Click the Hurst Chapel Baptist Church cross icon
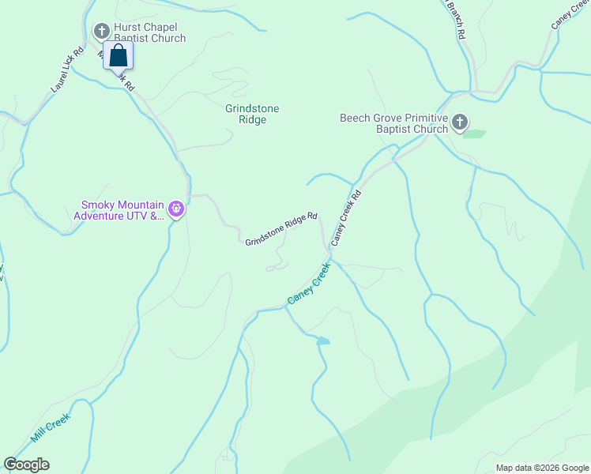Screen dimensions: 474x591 pos(101,32)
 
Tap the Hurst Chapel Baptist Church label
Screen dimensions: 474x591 pos(149,32)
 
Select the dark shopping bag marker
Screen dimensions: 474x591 pos(118,56)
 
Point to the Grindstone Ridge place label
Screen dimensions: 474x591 pos(252,114)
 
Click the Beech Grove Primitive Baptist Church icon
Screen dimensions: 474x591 pos(460,122)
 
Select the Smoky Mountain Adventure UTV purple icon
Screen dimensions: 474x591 pos(176,209)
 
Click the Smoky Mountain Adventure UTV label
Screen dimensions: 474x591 pos(118,209)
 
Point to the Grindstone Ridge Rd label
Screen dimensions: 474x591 pos(281,228)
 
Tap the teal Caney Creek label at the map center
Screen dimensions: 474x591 pos(308,286)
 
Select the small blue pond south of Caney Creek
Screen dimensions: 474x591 pos(322,341)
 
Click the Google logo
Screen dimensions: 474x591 pos(26,465)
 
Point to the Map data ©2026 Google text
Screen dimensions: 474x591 pos(541,468)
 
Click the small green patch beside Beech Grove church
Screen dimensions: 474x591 pos(473,134)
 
